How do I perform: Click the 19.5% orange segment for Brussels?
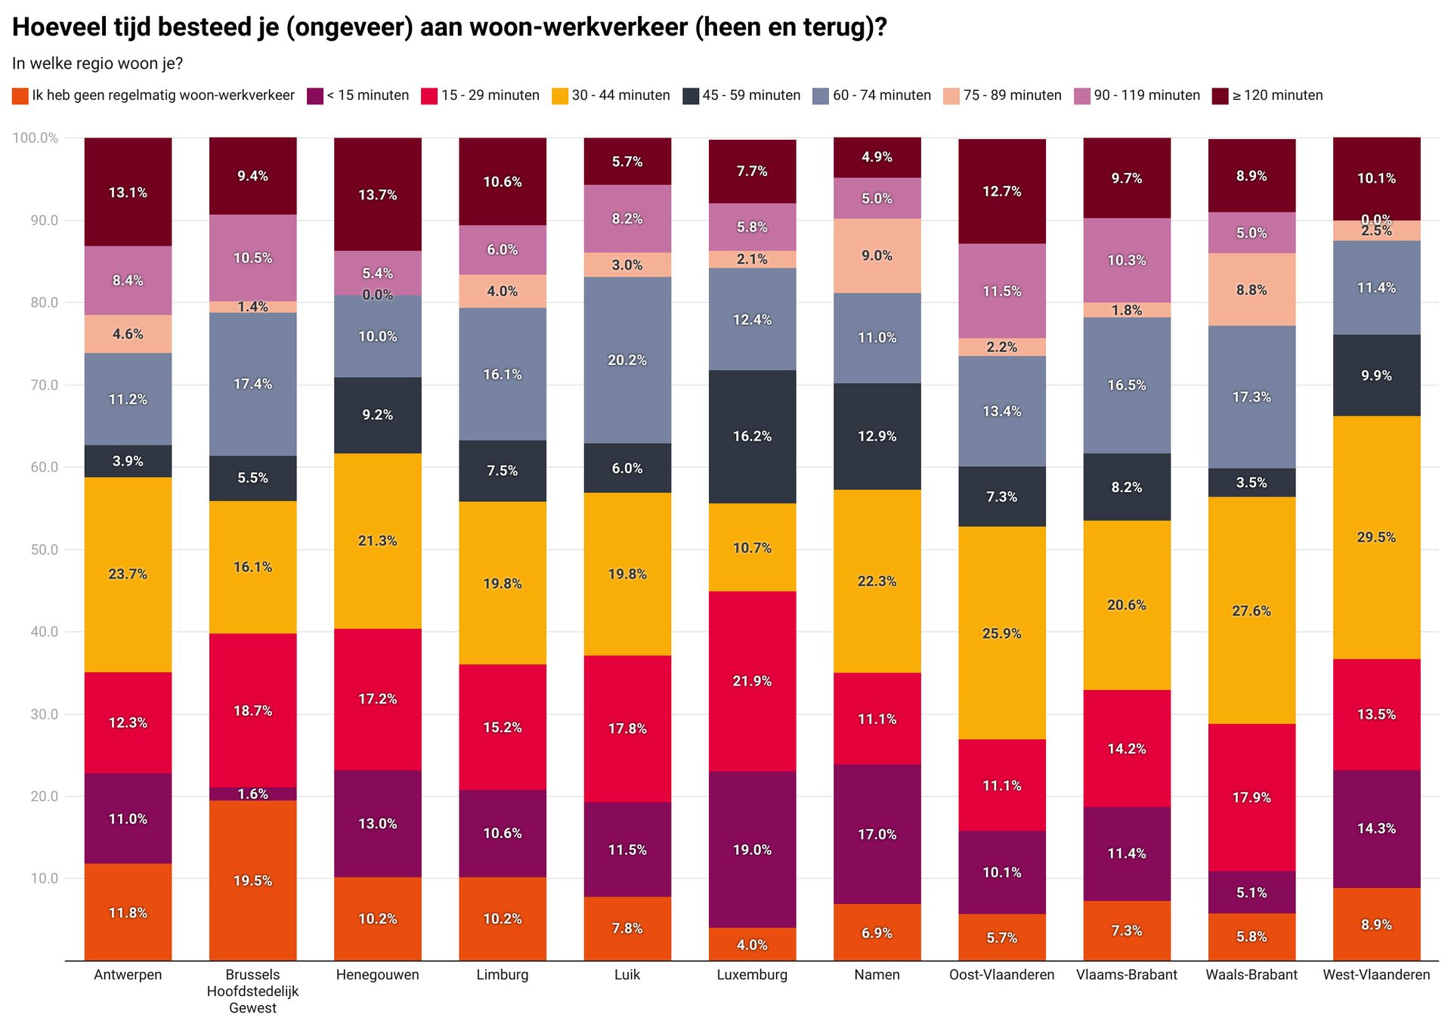click(x=252, y=880)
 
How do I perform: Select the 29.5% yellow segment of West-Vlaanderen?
click(x=1376, y=537)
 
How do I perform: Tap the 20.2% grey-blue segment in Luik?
click(x=627, y=360)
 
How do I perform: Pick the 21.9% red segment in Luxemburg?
click(x=752, y=681)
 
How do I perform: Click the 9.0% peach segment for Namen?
click(x=877, y=255)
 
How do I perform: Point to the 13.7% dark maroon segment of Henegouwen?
click(x=377, y=195)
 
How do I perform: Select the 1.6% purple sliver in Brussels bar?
click(x=252, y=793)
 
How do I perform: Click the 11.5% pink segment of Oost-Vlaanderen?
click(x=1001, y=291)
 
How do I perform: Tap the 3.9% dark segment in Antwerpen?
click(x=128, y=461)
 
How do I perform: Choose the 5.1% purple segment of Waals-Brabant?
click(x=1251, y=892)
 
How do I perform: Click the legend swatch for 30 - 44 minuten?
click(x=559, y=96)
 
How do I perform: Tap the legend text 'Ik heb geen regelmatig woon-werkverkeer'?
click(x=162, y=96)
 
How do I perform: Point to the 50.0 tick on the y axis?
click(x=45, y=549)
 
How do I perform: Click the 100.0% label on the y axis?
click(x=36, y=138)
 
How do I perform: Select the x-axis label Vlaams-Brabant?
click(x=1126, y=975)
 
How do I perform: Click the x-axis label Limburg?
click(x=502, y=975)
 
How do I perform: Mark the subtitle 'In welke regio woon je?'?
click(x=97, y=63)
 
